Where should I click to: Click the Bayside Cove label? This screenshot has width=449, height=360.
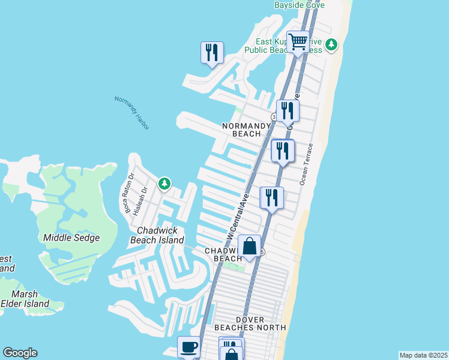[x=299, y=5]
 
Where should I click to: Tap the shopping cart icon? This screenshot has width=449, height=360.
[x=298, y=43]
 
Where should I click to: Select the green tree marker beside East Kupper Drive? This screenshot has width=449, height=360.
[x=331, y=44]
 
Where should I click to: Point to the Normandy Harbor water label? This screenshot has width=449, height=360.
[x=131, y=112]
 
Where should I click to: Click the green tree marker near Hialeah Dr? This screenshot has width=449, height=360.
[x=164, y=184]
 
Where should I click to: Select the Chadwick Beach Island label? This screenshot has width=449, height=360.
[x=157, y=235]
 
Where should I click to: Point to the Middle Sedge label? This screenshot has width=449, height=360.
[x=71, y=238]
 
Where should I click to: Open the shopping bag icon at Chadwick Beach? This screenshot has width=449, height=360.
[x=249, y=246]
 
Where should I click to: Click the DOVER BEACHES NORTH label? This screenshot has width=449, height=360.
[x=250, y=323]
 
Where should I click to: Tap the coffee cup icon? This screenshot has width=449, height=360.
[x=188, y=347]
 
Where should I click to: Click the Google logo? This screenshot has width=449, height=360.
[x=20, y=353]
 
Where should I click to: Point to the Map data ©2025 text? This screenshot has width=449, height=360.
[x=423, y=355]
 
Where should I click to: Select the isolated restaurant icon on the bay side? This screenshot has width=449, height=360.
[x=212, y=53]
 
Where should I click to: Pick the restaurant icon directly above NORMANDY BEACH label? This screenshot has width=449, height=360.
[x=288, y=111]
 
